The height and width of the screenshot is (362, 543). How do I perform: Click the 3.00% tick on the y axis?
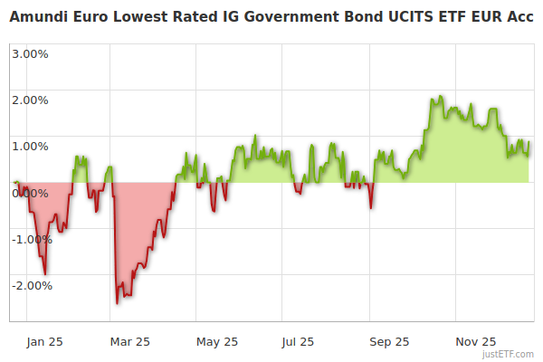pyautogui.click(x=30, y=53)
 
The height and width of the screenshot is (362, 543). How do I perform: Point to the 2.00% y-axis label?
pyautogui.click(x=30, y=100)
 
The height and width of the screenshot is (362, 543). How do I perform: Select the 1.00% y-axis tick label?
pyautogui.click(x=30, y=146)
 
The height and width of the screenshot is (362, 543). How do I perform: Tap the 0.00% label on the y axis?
pyautogui.click(x=30, y=193)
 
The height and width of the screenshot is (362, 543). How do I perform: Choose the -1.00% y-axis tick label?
pyautogui.click(x=28, y=239)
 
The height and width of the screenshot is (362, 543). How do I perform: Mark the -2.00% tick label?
pyautogui.click(x=28, y=285)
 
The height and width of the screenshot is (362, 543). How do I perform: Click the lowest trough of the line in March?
pyautogui.click(x=118, y=302)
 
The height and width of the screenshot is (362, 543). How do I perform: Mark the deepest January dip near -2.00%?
pyautogui.click(x=45, y=272)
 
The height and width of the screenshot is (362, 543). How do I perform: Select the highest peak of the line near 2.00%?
pyautogui.click(x=441, y=97)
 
